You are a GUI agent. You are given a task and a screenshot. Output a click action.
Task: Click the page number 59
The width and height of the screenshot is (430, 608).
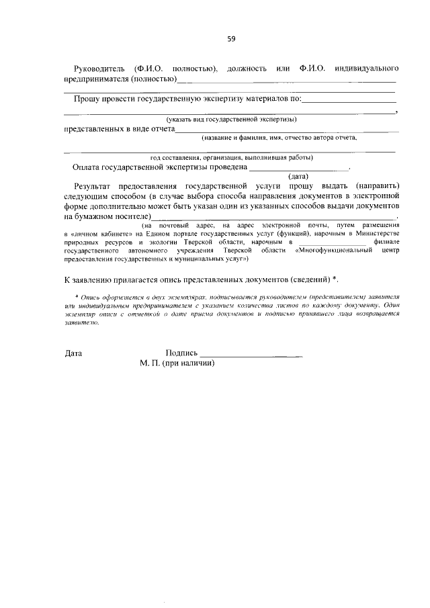point(230,38)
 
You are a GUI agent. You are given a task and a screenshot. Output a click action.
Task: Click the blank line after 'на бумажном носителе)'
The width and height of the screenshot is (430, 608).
point(273,219)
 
